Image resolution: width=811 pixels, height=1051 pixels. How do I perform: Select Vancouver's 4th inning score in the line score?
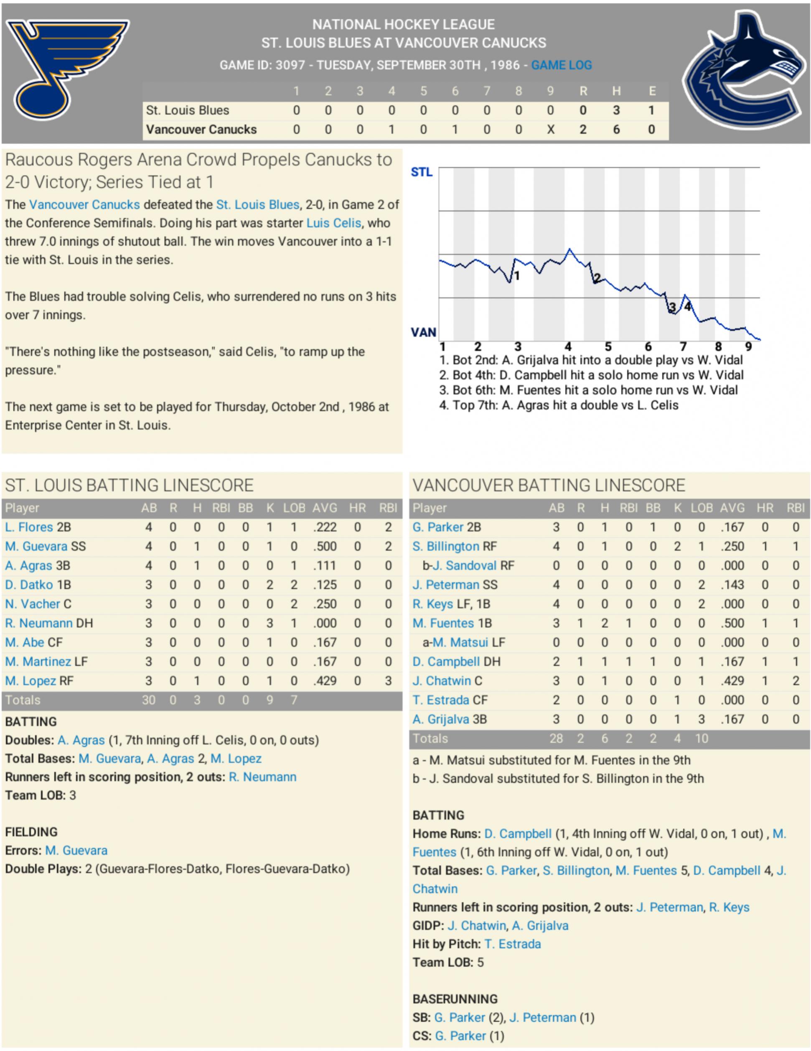(x=392, y=130)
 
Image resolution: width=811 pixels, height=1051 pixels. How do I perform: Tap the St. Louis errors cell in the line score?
(x=651, y=110)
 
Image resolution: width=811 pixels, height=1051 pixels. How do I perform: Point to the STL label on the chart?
(x=421, y=172)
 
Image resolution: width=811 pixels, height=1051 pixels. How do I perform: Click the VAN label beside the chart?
(x=423, y=332)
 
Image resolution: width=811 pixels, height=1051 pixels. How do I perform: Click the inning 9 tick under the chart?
(x=748, y=346)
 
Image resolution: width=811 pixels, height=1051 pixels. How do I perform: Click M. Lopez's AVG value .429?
(x=325, y=681)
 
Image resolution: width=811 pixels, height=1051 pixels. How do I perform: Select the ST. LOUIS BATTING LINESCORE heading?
(x=129, y=485)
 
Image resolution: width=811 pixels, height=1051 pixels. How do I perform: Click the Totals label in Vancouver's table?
(x=430, y=739)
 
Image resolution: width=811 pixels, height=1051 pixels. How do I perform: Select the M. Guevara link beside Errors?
(x=76, y=850)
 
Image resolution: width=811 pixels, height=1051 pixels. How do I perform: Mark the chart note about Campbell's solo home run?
(x=591, y=375)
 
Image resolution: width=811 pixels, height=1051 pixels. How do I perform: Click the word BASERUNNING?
(x=455, y=999)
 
